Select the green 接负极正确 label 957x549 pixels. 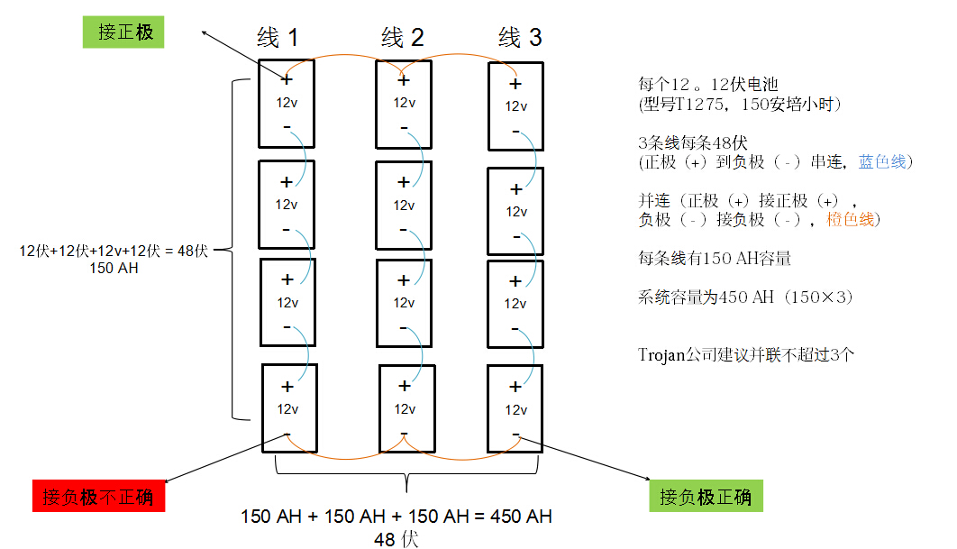coord(706,497)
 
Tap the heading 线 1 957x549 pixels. coord(278,37)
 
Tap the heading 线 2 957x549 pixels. coord(403,37)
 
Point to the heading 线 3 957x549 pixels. coord(520,37)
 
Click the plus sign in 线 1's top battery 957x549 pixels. coord(287,79)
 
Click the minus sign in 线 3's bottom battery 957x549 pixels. coord(515,435)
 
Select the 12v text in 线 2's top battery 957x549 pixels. coord(404,102)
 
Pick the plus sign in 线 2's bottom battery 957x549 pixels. coord(405,386)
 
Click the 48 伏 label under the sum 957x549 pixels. coord(396,539)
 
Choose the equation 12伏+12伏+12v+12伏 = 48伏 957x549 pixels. coord(114,252)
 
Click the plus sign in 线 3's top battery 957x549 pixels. coord(515,84)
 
